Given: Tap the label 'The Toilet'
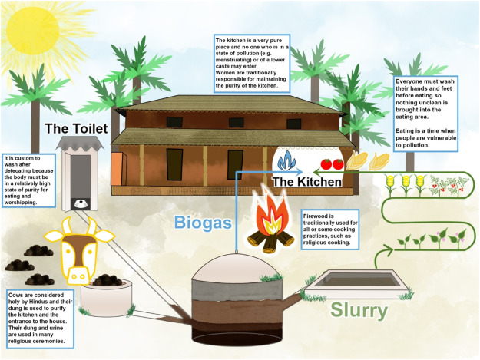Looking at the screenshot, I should (x=74, y=128).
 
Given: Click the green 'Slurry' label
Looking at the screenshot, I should (x=359, y=310).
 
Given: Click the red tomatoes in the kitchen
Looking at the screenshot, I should (x=330, y=163).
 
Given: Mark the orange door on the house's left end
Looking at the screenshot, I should (x=117, y=169).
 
